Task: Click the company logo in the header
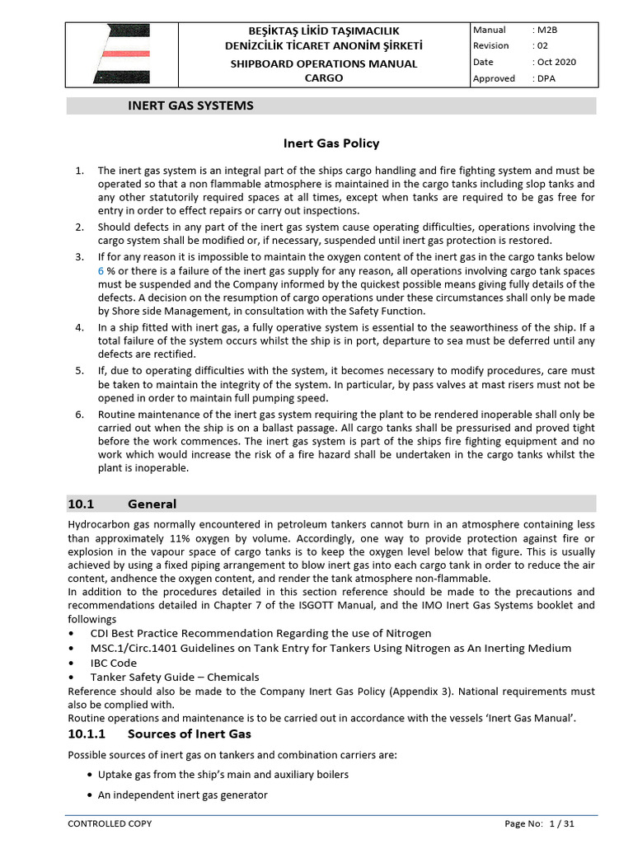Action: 121,54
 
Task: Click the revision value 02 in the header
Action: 541,46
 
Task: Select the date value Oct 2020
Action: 558,63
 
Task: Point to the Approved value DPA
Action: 546,79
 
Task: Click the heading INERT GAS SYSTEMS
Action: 190,105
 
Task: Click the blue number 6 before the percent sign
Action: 101,270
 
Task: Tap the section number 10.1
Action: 81,504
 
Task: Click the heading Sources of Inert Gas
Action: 190,734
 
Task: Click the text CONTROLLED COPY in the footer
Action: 110,823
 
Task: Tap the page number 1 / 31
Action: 566,823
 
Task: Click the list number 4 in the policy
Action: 80,327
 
